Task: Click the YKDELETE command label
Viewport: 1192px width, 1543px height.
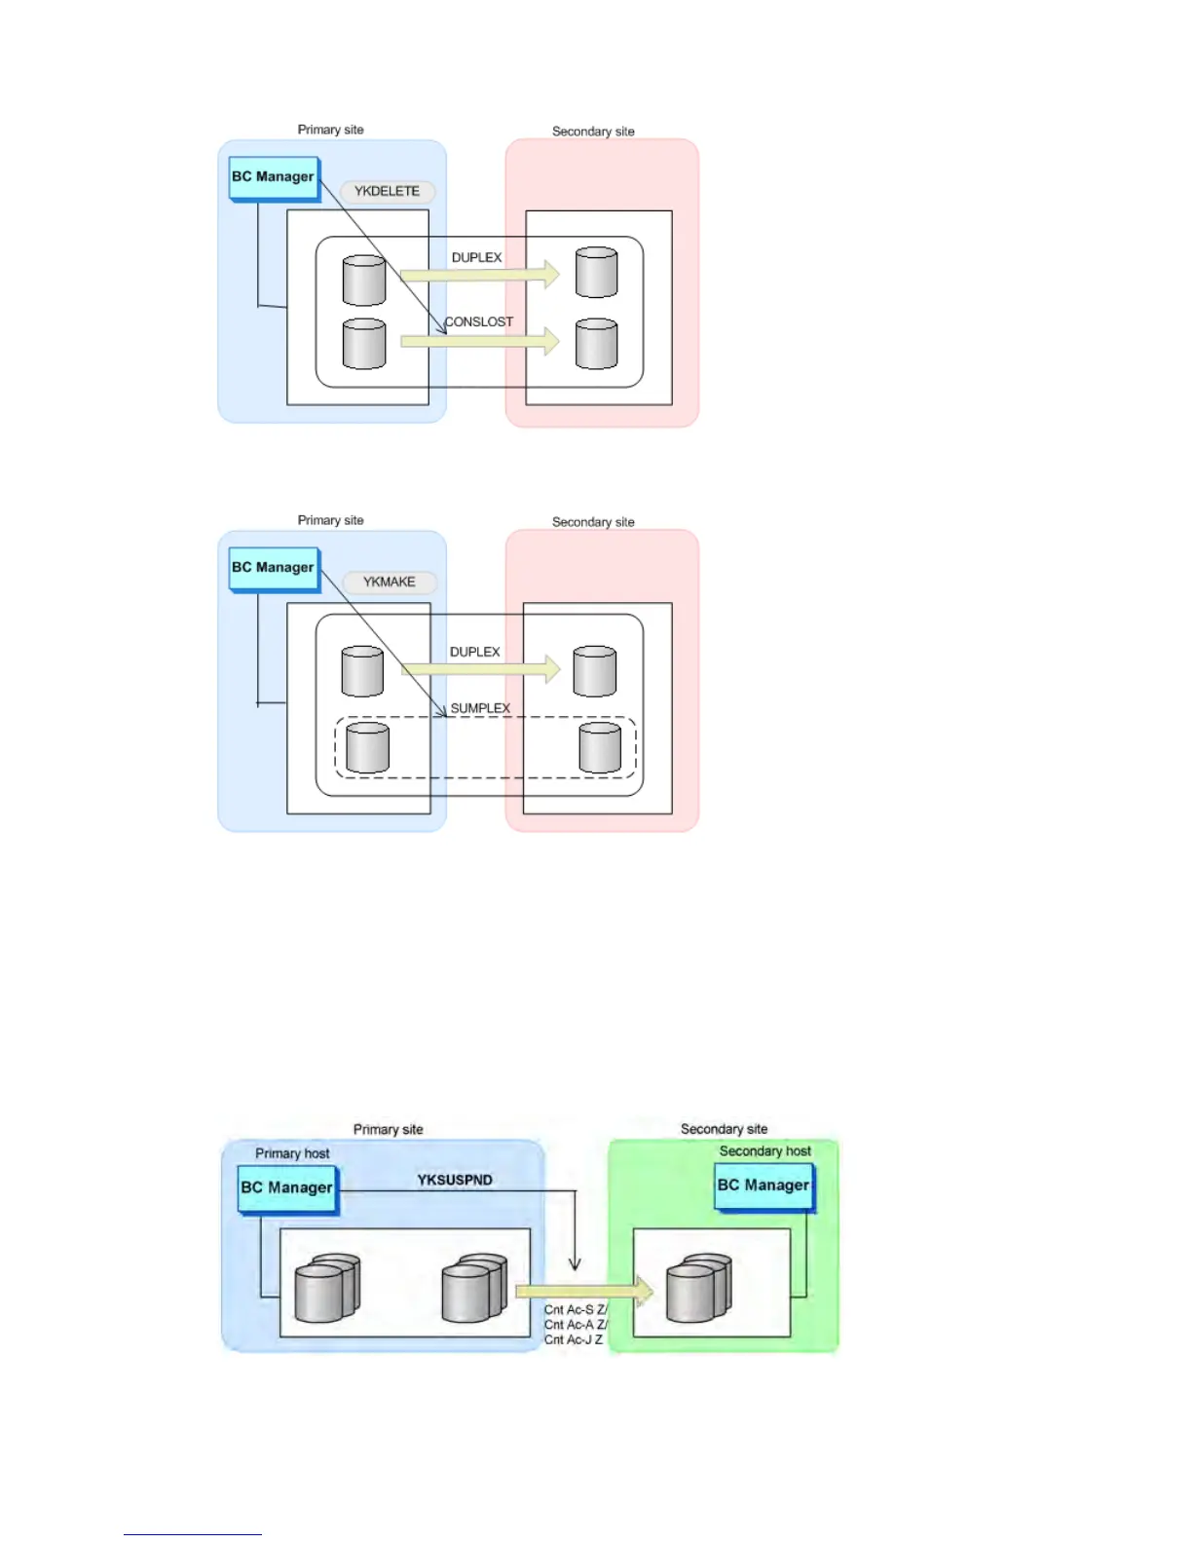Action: (x=387, y=192)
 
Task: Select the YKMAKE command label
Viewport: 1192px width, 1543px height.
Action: (x=389, y=583)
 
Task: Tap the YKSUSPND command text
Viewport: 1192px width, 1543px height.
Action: (x=455, y=1181)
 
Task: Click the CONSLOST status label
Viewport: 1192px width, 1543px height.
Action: (x=478, y=322)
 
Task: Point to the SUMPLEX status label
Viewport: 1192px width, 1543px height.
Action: (x=480, y=709)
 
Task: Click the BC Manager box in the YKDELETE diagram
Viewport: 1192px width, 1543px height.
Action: (x=274, y=178)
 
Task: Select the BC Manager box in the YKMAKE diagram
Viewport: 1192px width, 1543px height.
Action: (x=274, y=569)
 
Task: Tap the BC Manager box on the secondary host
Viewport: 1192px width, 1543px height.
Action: (x=764, y=1186)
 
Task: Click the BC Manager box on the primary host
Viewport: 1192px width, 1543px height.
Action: (x=287, y=1188)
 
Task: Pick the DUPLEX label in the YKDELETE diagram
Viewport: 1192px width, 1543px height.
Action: (x=476, y=258)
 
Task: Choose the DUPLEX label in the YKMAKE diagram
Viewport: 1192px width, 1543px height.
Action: (x=474, y=653)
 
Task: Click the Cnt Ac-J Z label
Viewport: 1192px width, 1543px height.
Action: (x=573, y=1340)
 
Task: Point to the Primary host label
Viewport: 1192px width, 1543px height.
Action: (x=292, y=1154)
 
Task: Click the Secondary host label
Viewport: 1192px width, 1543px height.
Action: (x=764, y=1151)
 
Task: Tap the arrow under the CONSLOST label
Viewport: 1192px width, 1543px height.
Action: (x=480, y=341)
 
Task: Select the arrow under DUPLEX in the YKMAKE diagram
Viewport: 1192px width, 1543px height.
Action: (x=480, y=669)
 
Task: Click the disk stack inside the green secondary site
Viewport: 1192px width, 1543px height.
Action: (x=697, y=1288)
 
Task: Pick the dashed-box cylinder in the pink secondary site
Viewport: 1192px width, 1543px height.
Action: (x=599, y=748)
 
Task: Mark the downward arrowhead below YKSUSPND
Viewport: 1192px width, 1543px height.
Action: (x=575, y=1263)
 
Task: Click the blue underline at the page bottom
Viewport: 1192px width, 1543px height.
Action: (x=192, y=1534)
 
